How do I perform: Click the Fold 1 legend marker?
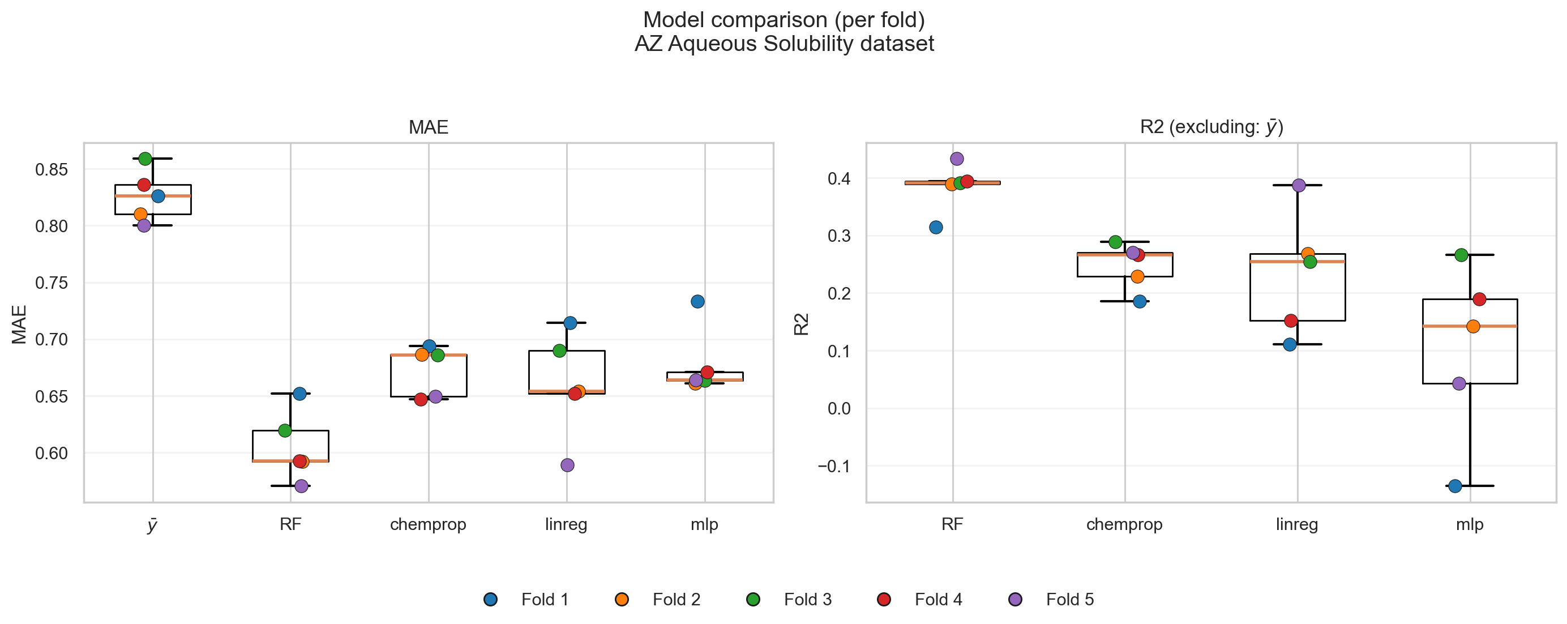pyautogui.click(x=490, y=599)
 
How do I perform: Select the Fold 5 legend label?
pyautogui.click(x=1069, y=599)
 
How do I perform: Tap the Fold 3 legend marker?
pyautogui.click(x=753, y=599)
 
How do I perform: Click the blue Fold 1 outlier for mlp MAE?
pyautogui.click(x=697, y=302)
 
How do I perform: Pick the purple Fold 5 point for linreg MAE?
pyautogui.click(x=567, y=465)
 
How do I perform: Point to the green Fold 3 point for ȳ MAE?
pyautogui.click(x=145, y=159)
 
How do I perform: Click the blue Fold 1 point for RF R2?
pyautogui.click(x=936, y=228)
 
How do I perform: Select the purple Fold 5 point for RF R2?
pyautogui.click(x=957, y=159)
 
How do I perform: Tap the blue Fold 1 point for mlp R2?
pyautogui.click(x=1455, y=486)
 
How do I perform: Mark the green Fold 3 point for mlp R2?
pyautogui.click(x=1461, y=255)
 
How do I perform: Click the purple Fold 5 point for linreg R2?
pyautogui.click(x=1299, y=186)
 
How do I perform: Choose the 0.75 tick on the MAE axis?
pyautogui.click(x=51, y=283)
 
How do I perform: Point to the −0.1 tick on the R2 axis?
pyautogui.click(x=833, y=467)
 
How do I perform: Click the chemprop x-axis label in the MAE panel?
pyautogui.click(x=427, y=524)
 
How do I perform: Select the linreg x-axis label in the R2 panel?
pyautogui.click(x=1297, y=524)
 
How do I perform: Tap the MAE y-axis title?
pyautogui.click(x=19, y=324)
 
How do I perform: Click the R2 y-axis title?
pyautogui.click(x=801, y=324)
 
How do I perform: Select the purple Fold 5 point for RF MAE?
pyautogui.click(x=301, y=486)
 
